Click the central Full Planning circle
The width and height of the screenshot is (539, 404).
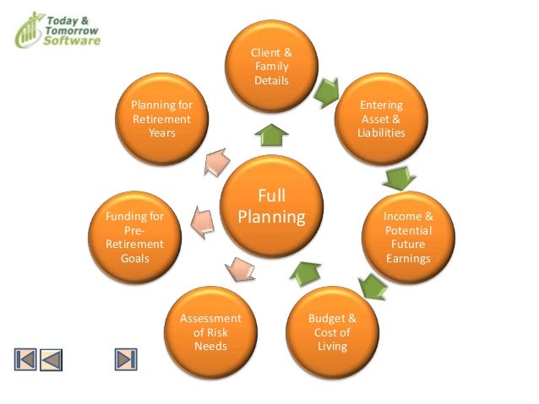270,207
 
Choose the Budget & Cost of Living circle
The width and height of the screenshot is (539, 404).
332,332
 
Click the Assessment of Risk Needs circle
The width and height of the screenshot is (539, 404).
210,332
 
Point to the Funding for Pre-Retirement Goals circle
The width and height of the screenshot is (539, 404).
133,237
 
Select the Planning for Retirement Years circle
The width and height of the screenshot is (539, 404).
161,119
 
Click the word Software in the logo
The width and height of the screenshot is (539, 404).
72,40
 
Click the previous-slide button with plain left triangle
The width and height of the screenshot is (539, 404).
52,359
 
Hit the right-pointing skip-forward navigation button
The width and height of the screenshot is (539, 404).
126,359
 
